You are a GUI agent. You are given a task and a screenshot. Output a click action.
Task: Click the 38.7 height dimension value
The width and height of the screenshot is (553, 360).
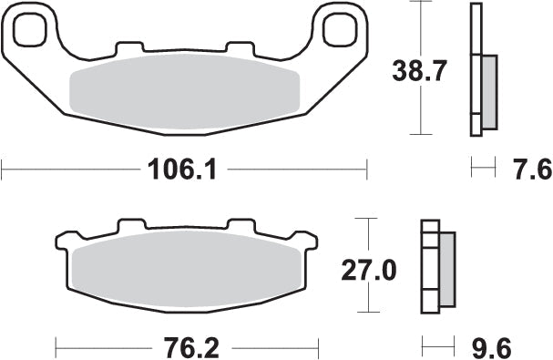coord(418,70)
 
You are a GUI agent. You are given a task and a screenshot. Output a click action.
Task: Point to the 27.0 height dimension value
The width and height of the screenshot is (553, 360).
coord(367,271)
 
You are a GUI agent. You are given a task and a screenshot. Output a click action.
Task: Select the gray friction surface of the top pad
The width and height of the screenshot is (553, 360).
coord(185,87)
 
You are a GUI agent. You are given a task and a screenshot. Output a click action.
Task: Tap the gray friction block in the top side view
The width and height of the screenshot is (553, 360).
coord(489,91)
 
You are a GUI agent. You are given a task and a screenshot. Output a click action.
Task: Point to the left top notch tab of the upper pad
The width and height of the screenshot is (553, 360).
coord(129,47)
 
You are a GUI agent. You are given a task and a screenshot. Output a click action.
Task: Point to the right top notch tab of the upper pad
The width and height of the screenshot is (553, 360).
coord(239,47)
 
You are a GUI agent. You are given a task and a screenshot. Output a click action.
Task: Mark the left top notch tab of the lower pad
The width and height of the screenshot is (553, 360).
coord(131,225)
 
